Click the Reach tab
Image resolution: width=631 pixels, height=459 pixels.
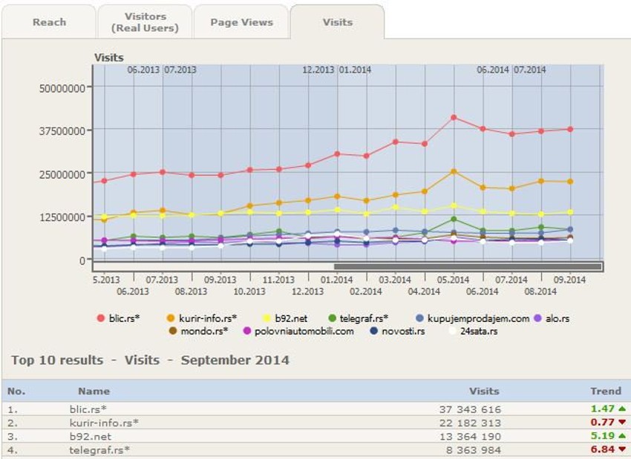49,22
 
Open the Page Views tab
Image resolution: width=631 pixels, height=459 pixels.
241,22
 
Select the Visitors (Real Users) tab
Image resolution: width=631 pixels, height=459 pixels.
145,22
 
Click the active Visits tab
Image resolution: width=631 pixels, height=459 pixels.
337,22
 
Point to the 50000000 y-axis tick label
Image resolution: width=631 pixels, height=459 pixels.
62,87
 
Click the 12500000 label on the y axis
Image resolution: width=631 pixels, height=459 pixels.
62,217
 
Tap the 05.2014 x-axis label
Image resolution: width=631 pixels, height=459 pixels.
453,280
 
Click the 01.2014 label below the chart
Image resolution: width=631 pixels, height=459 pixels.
337,280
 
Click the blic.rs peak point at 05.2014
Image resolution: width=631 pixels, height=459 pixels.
453,117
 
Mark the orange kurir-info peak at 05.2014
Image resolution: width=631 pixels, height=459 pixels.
453,171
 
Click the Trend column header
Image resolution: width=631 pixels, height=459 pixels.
605,391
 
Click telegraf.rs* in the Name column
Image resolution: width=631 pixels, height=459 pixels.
99,449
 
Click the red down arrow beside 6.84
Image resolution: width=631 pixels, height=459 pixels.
621,449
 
